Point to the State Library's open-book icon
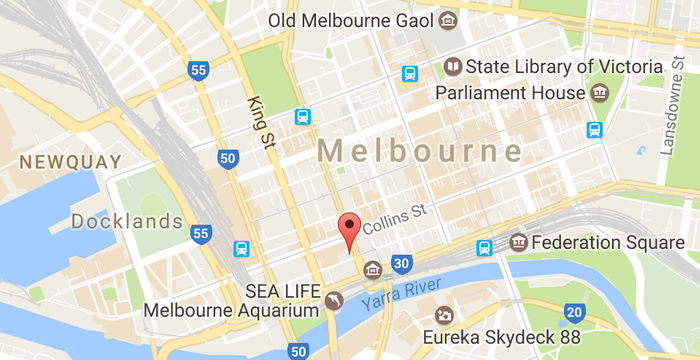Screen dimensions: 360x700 (453, 67)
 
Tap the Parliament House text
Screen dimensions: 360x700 (510, 93)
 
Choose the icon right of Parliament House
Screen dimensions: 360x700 (599, 93)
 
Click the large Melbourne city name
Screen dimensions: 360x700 (420, 152)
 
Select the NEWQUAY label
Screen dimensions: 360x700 (71, 161)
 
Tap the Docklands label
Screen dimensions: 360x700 (127, 221)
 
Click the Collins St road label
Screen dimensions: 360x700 (394, 215)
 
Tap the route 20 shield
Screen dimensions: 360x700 (572, 313)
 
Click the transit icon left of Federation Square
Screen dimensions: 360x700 (485, 247)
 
